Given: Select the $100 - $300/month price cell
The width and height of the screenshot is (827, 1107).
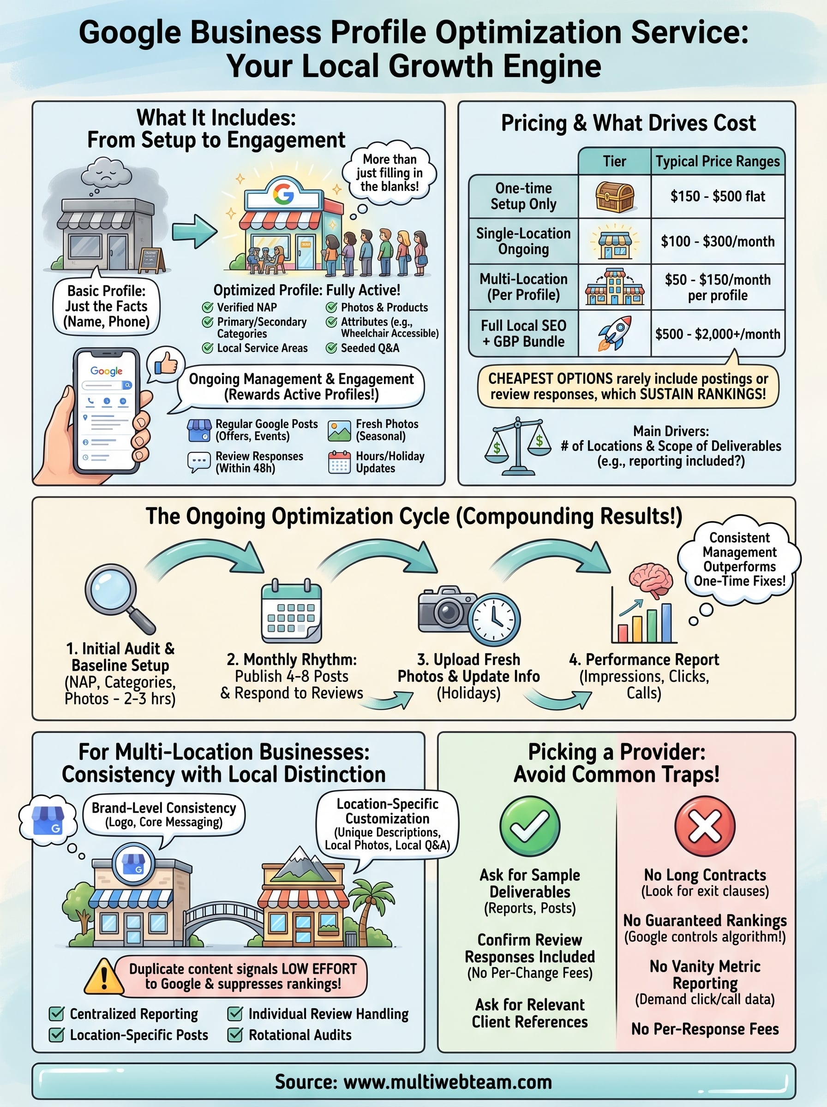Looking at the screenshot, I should (717, 241).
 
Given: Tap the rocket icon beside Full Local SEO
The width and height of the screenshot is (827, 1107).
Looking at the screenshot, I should (614, 333).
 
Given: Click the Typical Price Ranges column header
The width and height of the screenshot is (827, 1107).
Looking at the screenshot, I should (717, 161).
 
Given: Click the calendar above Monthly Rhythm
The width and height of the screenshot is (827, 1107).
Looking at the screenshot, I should (291, 611).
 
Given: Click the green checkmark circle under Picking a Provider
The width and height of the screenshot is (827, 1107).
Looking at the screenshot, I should (530, 827).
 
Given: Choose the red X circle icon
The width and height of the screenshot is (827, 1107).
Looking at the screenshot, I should (704, 827).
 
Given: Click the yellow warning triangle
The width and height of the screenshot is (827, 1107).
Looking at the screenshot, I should (104, 976).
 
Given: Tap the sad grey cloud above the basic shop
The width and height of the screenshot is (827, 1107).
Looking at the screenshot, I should (106, 173).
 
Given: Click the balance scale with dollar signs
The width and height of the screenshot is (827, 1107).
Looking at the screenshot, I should (518, 445).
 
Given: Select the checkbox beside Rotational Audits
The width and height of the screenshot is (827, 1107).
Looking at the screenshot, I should (235, 1035).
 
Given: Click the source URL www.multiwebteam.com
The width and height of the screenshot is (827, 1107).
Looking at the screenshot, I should (448, 1082).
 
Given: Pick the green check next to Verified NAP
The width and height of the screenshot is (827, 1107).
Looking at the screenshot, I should (207, 307).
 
